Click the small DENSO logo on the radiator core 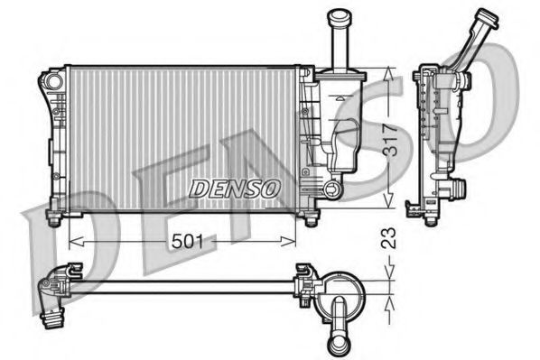point(236,188)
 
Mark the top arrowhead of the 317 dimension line point(390,73)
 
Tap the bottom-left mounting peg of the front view point(53,219)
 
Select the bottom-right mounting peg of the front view point(311,219)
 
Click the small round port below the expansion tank point(333,189)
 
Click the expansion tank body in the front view point(341,135)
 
